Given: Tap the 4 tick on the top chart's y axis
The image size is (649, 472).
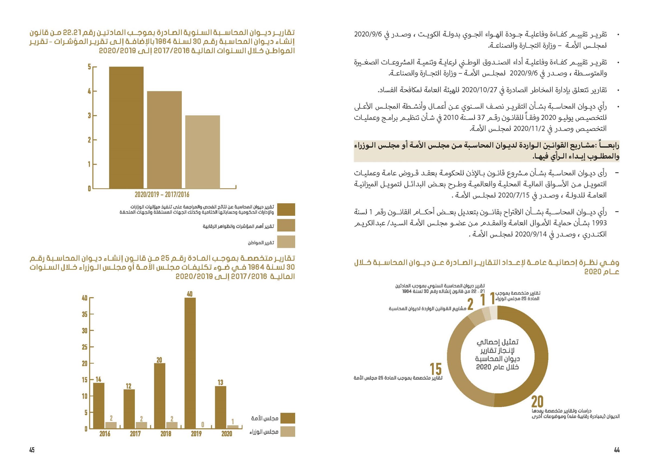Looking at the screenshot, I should [x=89, y=91].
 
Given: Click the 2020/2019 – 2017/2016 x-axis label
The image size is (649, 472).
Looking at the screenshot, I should [x=162, y=195].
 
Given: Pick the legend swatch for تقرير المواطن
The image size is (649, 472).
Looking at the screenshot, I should [x=286, y=242].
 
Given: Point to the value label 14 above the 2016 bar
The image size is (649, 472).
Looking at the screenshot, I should [x=98, y=379].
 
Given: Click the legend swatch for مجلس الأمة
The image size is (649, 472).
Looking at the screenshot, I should [x=287, y=418].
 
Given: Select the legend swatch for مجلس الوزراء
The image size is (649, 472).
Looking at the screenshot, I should [x=287, y=432].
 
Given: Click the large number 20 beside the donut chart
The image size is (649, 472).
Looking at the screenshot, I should [x=537, y=402].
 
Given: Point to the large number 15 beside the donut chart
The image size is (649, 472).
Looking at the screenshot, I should [x=436, y=369].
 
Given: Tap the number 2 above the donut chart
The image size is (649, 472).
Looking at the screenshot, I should [x=470, y=304].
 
